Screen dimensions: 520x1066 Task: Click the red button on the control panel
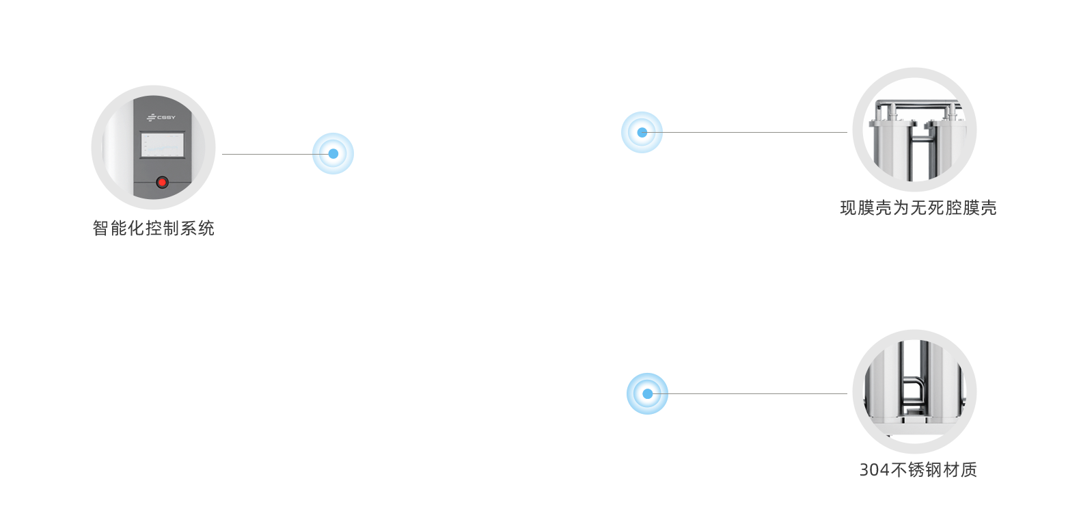click(162, 182)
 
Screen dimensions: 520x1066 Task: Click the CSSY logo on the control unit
click(161, 117)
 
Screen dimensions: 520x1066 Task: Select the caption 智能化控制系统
click(153, 228)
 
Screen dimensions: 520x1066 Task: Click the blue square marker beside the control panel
click(333, 153)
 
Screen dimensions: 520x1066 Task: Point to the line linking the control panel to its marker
click(266, 154)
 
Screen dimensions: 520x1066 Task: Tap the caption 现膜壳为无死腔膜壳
click(918, 207)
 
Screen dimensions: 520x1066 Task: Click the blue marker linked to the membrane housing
click(642, 132)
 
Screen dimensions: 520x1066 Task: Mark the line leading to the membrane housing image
click(752, 132)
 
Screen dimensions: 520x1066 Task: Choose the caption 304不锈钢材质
click(918, 469)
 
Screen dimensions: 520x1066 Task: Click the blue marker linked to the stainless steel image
click(647, 393)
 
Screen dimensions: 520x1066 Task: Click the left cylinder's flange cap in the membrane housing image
click(892, 125)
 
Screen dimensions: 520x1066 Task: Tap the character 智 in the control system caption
click(100, 228)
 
